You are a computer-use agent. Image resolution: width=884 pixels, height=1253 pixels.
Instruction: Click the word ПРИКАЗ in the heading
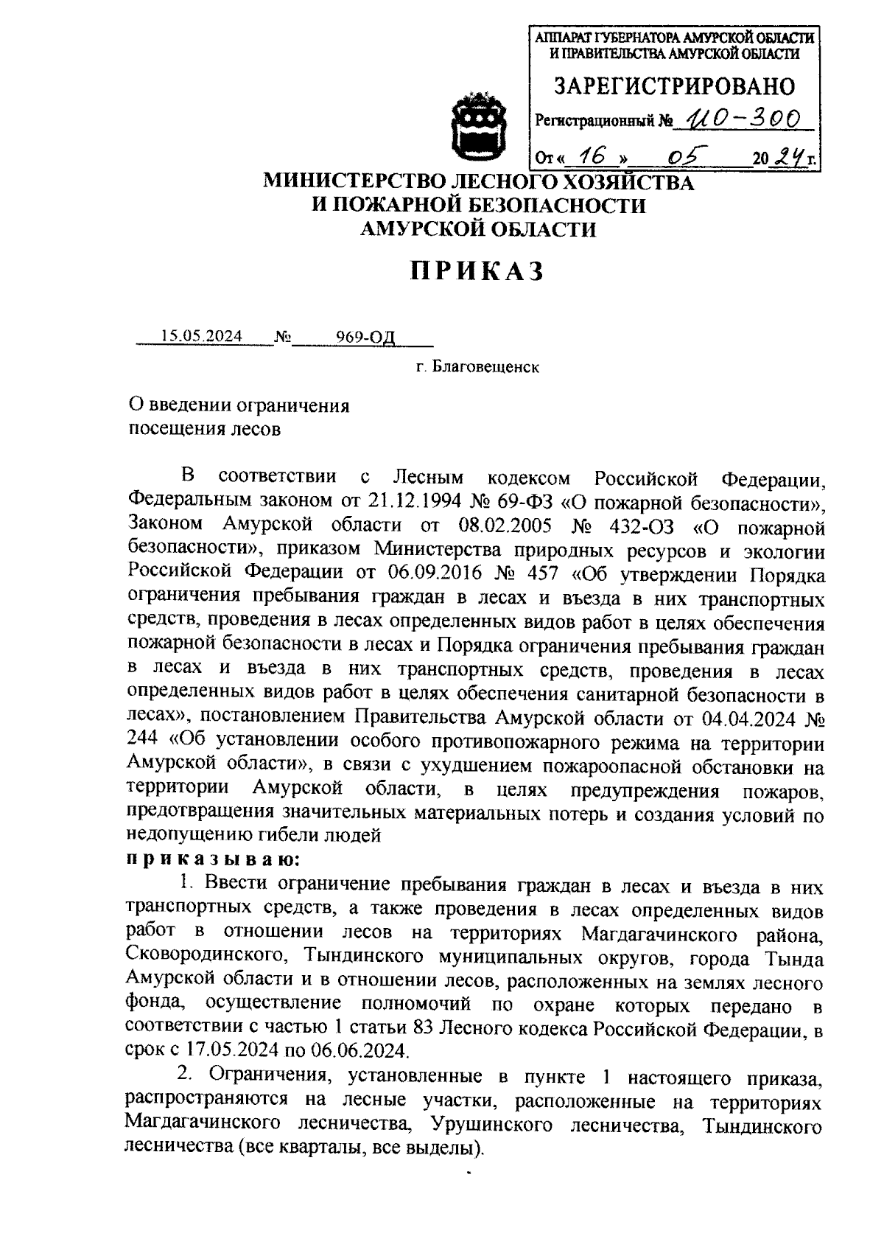pos(477,271)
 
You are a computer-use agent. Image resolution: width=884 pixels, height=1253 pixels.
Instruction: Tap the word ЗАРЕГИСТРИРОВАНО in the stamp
pos(675,87)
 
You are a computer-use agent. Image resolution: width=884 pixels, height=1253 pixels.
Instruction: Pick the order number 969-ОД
pos(366,337)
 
